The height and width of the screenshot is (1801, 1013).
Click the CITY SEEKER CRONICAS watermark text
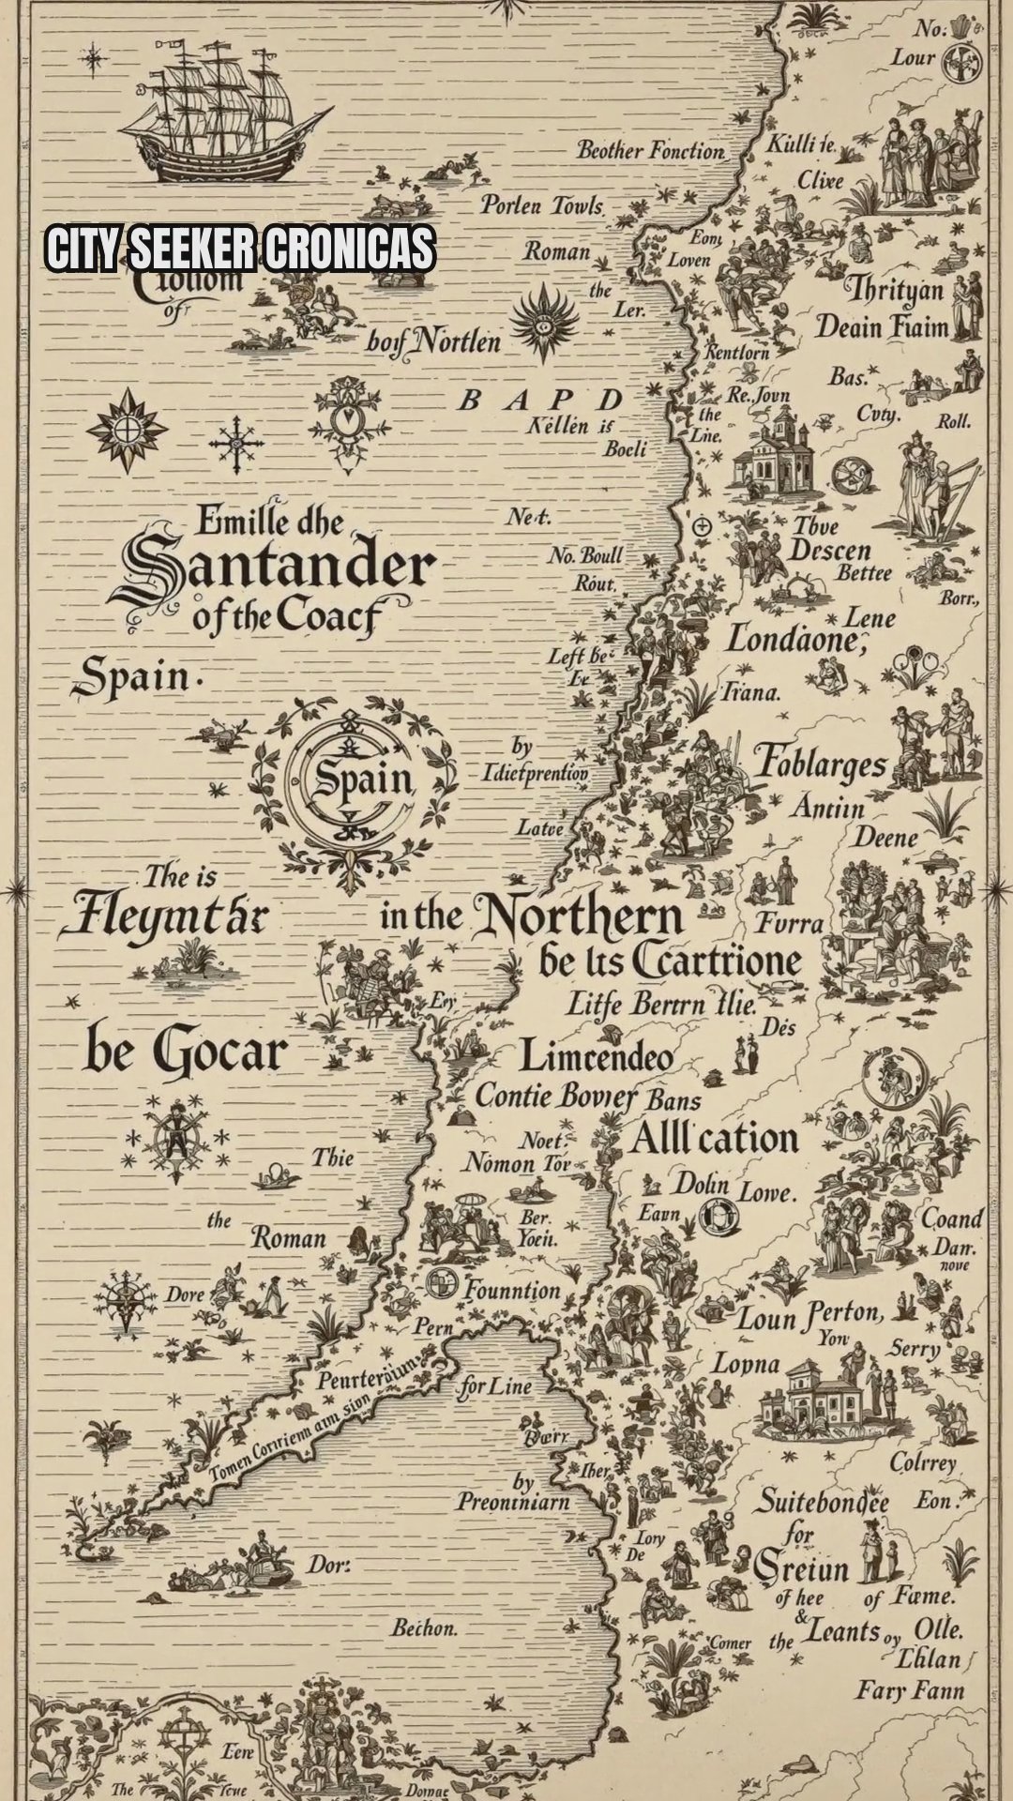click(x=240, y=249)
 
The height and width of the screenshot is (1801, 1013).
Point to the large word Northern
click(x=578, y=919)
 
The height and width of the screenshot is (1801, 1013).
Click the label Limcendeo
click(x=597, y=1057)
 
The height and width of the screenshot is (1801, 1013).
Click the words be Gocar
click(x=185, y=1051)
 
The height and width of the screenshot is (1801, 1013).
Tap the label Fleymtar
click(x=165, y=914)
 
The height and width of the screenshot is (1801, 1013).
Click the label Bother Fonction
click(x=650, y=150)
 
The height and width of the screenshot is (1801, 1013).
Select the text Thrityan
click(x=895, y=289)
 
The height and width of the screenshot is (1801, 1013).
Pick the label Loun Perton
click(x=810, y=1317)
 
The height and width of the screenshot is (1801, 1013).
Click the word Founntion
click(x=512, y=1291)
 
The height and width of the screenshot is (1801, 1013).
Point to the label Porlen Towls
click(x=541, y=204)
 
